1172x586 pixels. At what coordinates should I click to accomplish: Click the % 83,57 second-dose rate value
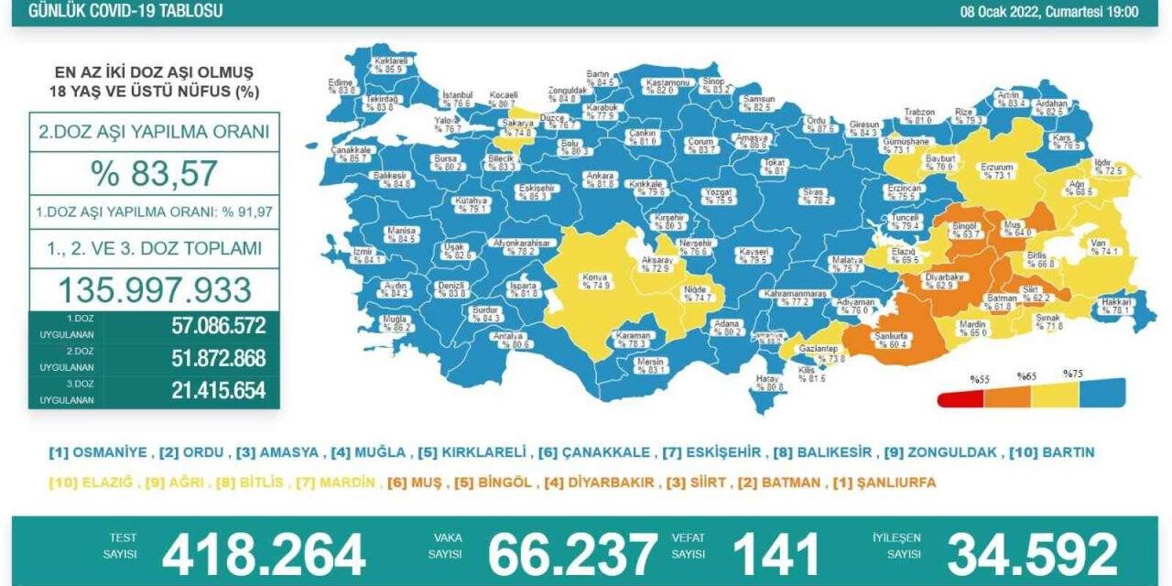(154, 172)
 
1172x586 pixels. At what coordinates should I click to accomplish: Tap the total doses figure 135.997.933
(154, 289)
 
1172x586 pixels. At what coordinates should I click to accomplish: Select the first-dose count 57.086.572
(217, 325)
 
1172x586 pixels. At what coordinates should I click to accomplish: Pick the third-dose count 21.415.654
(217, 391)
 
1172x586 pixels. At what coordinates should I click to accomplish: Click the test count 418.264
(264, 555)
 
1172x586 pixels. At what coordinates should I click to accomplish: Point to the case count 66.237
(572, 555)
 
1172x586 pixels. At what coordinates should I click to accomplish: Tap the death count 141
(776, 555)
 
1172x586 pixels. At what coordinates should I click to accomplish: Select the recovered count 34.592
(1032, 555)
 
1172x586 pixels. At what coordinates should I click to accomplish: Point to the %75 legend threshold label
(1073, 374)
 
